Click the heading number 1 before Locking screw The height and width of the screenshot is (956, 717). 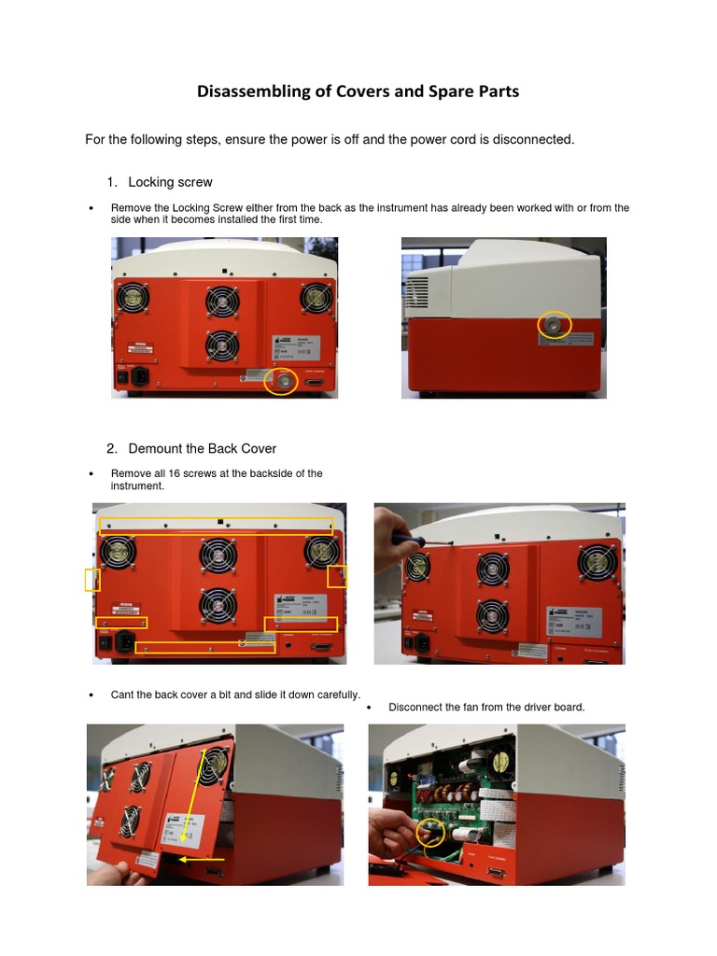click(x=111, y=182)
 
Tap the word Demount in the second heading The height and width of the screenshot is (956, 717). click(x=155, y=448)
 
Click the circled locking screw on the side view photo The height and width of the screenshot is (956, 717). click(x=557, y=324)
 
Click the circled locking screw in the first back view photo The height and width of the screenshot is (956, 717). click(x=280, y=379)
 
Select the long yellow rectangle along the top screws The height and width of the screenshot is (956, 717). click(x=217, y=526)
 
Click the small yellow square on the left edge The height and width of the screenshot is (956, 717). click(x=92, y=580)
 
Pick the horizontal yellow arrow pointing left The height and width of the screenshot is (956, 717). click(x=203, y=858)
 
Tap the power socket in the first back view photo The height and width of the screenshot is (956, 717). click(x=140, y=377)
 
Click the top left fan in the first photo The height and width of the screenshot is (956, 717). click(x=132, y=299)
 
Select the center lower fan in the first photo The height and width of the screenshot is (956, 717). click(x=221, y=346)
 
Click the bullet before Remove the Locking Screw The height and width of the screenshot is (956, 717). click(x=91, y=208)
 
